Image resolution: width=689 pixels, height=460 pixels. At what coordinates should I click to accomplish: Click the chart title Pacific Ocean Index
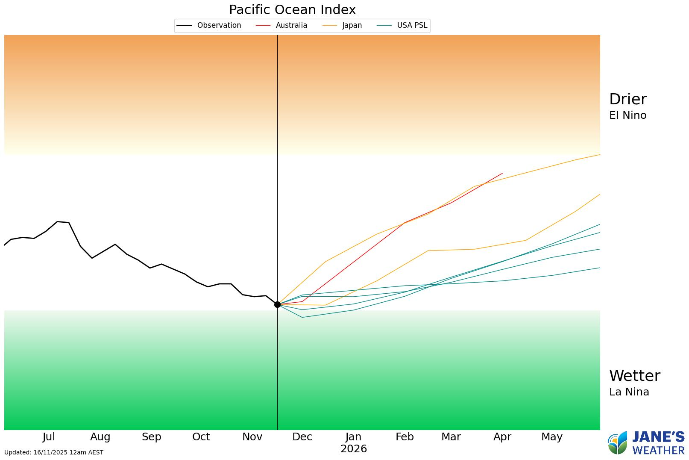[292, 10]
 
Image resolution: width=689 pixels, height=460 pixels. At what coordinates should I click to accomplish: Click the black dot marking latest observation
[277, 304]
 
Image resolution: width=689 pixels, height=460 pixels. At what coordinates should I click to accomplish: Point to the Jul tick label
[49, 437]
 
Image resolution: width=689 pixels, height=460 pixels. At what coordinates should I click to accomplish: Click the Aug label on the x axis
[100, 437]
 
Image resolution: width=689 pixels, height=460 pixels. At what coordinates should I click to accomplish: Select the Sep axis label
[151, 437]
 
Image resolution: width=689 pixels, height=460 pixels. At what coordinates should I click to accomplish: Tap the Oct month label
[201, 437]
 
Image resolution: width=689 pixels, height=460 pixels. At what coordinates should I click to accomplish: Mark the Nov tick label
[252, 437]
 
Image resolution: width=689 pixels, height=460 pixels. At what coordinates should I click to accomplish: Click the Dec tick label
[302, 437]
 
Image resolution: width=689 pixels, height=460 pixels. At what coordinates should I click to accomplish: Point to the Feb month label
[405, 437]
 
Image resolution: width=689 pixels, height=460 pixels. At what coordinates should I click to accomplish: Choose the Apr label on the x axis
[502, 437]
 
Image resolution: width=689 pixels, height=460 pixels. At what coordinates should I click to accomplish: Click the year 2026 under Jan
[354, 449]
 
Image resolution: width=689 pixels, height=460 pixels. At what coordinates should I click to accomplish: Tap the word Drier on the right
[628, 99]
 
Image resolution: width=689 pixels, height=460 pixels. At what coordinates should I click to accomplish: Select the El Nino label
[627, 115]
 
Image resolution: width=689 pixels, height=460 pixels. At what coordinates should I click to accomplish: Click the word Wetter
[634, 376]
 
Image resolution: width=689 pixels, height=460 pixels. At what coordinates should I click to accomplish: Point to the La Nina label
[629, 392]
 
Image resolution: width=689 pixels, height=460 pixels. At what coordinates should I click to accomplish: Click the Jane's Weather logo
[646, 443]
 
